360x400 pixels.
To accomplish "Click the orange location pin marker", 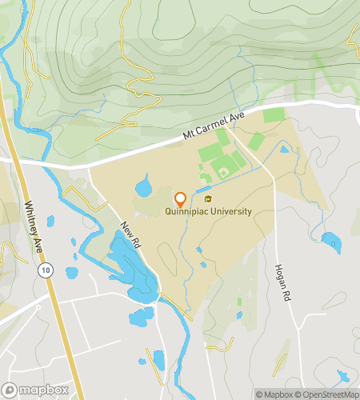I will pos(180,199).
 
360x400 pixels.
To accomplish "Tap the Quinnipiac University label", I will pos(208,212).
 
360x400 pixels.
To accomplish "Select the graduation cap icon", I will pos(208,200).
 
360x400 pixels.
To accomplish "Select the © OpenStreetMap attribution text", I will pos(327,394).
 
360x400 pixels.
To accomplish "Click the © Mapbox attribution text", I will pos(274,394).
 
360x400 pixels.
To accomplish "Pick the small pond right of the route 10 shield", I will pos(70,273).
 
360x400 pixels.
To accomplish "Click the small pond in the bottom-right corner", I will pos(344,376).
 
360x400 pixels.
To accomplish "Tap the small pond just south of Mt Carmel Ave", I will pos(284,148).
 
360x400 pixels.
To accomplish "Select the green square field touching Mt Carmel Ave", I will pos(274,115).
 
